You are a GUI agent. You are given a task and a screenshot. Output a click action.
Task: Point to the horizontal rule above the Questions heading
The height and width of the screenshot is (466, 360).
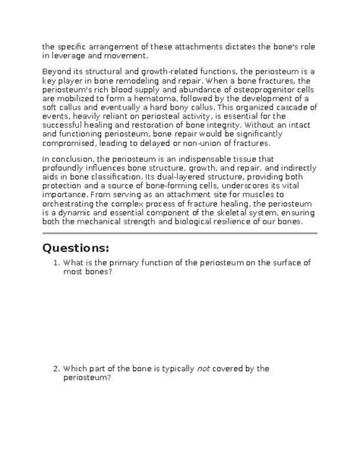click(x=179, y=233)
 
